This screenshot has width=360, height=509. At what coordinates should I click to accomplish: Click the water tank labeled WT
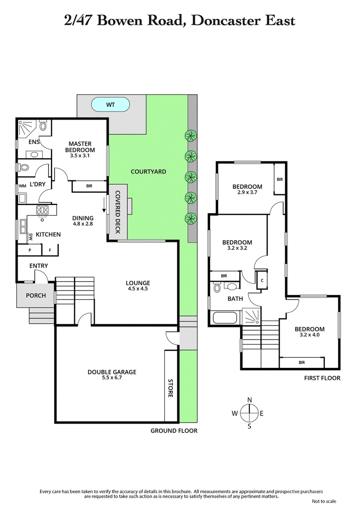click(111, 105)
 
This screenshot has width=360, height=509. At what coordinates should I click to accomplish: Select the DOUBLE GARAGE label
click(112, 372)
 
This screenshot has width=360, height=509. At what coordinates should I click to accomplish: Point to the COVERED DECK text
click(117, 212)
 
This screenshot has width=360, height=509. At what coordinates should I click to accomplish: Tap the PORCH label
click(36, 295)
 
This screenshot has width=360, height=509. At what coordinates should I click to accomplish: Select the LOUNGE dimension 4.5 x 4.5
click(137, 289)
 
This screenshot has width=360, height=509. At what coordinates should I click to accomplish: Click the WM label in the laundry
click(22, 186)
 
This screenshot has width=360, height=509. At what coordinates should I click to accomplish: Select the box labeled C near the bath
click(261, 280)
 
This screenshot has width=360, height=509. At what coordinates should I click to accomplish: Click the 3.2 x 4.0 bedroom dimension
click(309, 335)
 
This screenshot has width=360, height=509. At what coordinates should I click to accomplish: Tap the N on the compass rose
click(249, 400)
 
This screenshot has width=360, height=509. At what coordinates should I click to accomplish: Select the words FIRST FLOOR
click(321, 378)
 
